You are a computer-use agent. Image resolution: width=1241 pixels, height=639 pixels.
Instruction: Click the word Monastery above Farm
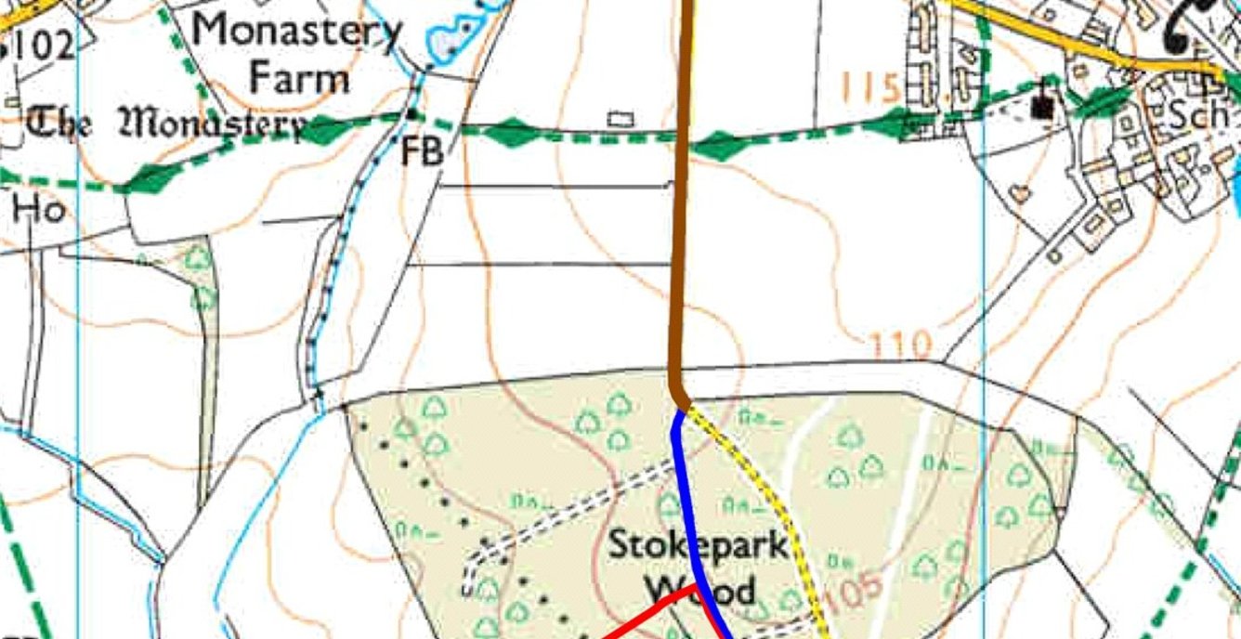click(x=296, y=33)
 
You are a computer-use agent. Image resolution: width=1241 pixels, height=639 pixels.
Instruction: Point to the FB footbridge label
click(x=421, y=152)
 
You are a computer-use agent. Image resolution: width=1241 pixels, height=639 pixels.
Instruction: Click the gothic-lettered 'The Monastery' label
click(x=167, y=123)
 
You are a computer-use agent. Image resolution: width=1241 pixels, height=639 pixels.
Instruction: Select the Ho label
click(x=38, y=212)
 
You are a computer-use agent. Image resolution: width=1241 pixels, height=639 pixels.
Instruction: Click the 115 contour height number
click(x=870, y=88)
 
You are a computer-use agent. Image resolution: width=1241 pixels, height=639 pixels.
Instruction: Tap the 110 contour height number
click(x=901, y=347)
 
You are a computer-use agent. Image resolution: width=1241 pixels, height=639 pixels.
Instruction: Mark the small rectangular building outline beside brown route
click(x=620, y=119)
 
